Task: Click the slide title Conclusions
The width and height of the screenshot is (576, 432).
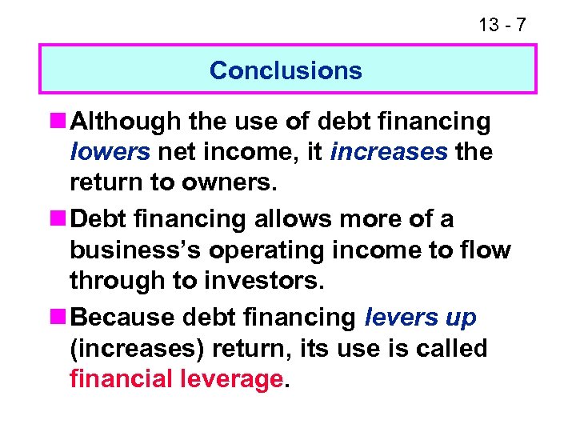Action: point(286,70)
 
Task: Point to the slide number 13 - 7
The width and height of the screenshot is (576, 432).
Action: point(502,25)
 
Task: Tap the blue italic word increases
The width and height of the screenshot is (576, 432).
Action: point(388,152)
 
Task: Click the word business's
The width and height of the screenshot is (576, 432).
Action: point(133,250)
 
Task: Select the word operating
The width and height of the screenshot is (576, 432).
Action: point(279,250)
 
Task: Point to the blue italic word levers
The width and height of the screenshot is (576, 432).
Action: point(397,318)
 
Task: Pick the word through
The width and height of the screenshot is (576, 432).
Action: point(118,280)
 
